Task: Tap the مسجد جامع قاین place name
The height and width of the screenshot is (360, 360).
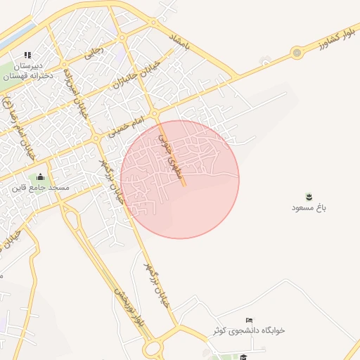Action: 39,188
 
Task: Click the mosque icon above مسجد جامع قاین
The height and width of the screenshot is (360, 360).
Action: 40,177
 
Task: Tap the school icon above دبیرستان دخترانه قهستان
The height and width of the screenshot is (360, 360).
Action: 28,55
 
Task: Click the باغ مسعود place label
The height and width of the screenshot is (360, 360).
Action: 310,208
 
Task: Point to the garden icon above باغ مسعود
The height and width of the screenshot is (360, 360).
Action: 310,196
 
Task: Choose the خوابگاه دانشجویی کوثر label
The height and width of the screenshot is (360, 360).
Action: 249,330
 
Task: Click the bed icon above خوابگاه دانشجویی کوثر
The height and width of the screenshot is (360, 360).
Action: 249,320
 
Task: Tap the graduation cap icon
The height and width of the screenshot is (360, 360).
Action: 243,357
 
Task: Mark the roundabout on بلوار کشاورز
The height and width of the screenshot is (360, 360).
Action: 297,52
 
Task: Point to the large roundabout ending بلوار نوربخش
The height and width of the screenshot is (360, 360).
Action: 153,349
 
